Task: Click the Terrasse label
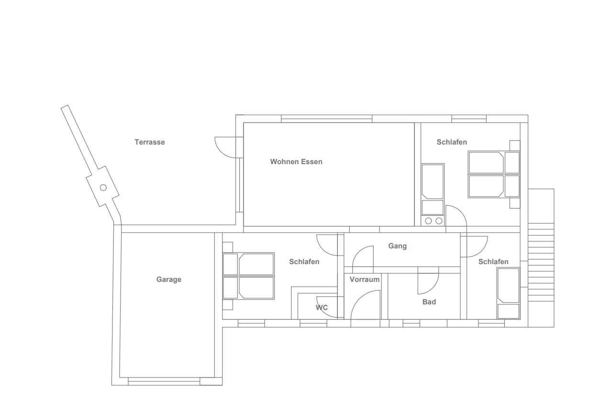150,142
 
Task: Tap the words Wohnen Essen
296,162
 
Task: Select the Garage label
169,279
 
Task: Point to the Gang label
398,246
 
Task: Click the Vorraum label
365,279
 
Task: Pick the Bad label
429,302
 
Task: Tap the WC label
322,308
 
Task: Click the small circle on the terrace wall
103,188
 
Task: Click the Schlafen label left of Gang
304,262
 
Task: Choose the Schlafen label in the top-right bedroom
452,142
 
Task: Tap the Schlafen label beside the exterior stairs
493,262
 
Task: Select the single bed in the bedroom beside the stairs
509,293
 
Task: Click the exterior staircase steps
541,262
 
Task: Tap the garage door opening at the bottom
164,381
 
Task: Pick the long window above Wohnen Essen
326,119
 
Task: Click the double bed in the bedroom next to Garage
248,276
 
